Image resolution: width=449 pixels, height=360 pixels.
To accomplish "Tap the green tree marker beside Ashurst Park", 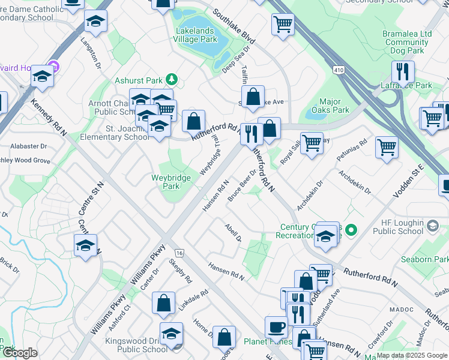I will click(x=172, y=79).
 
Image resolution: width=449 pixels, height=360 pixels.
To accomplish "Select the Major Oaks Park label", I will click(x=331, y=106).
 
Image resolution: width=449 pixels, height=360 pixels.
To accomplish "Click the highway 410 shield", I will click(x=339, y=70).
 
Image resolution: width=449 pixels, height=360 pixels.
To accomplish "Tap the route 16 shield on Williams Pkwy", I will click(x=179, y=238).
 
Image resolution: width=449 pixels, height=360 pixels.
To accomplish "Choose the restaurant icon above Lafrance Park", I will click(x=403, y=71).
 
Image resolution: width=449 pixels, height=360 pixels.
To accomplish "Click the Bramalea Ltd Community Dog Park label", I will click(x=407, y=43).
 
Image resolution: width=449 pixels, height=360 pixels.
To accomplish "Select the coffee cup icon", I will click(x=276, y=326).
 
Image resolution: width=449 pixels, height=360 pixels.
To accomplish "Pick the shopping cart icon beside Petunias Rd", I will click(x=387, y=147).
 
